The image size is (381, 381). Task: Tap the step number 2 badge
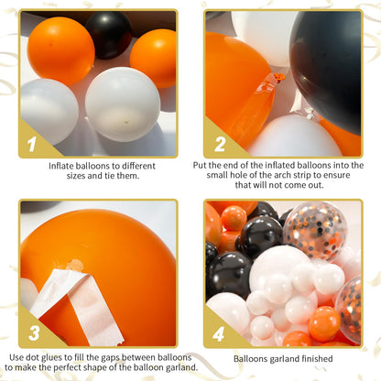pos(219,144)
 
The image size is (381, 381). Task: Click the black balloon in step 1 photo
pos(109,34)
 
